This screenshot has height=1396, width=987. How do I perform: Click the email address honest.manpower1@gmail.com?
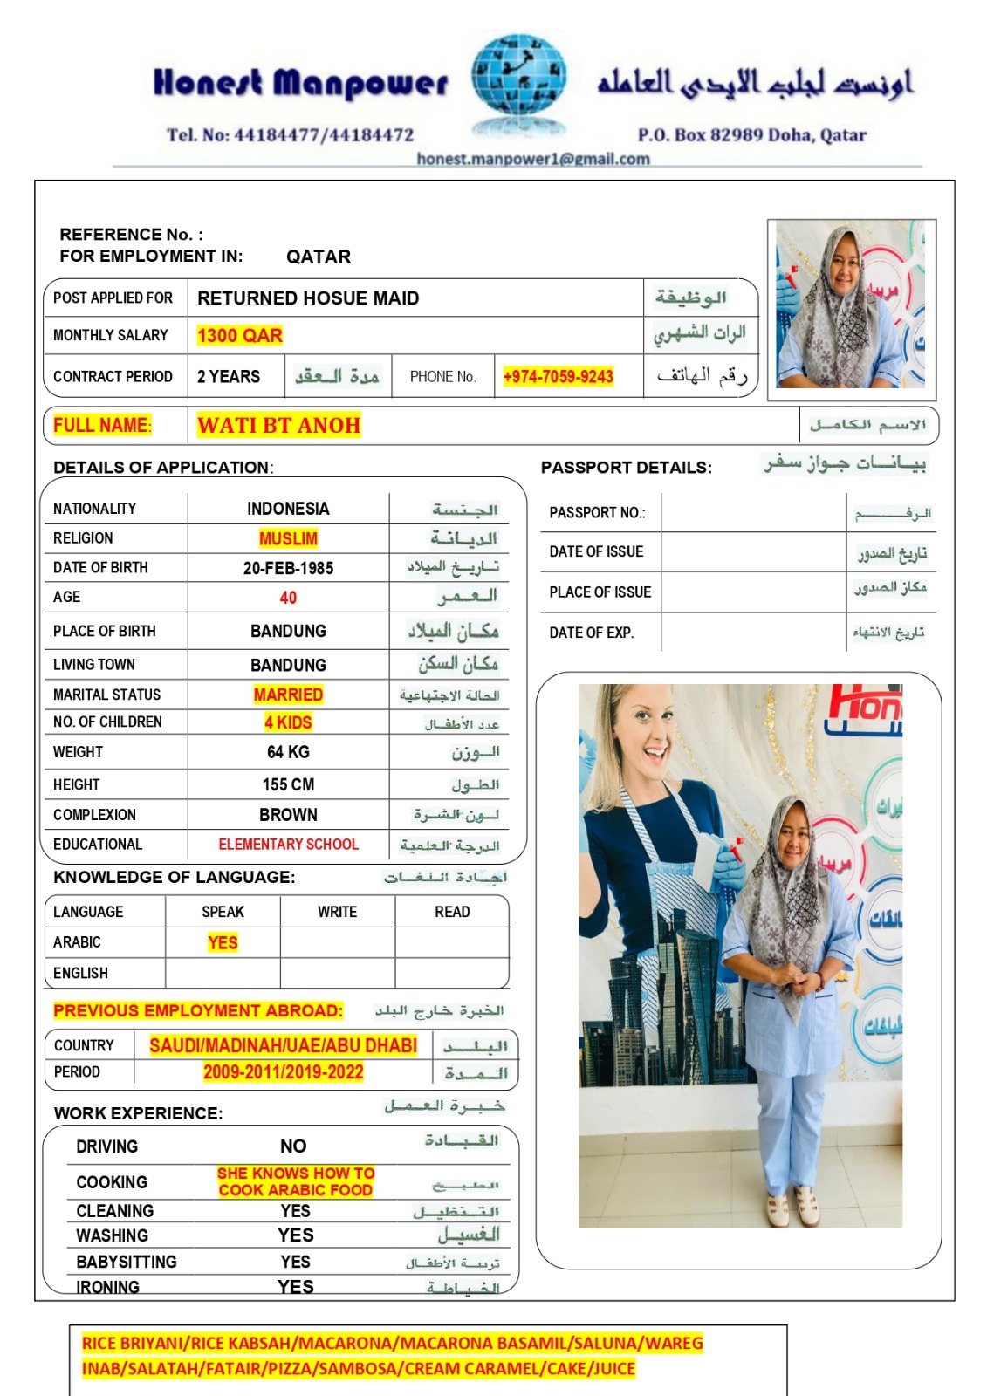[x=532, y=159]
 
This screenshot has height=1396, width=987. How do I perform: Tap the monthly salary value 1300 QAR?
[x=240, y=336]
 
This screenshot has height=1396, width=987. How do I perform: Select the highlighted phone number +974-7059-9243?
[x=558, y=377]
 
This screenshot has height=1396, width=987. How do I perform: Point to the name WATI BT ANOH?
[x=278, y=426]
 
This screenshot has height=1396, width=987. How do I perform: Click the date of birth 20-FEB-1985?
[x=288, y=568]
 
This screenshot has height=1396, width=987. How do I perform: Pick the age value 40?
[x=288, y=598]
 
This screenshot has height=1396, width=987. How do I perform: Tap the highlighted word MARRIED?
[x=288, y=695]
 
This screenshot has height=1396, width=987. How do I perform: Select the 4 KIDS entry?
[x=288, y=722]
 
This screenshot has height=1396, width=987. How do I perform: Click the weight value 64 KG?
[x=288, y=752]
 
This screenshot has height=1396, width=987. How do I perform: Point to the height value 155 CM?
[x=288, y=784]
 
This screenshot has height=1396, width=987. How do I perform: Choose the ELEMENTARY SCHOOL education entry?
[x=288, y=845]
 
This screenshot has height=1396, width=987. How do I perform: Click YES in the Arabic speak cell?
[x=223, y=942]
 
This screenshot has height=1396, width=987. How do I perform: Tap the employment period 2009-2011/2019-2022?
[x=283, y=1072]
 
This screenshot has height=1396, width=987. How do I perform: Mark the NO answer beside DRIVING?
[x=293, y=1146]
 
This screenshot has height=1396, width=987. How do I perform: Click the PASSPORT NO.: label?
[x=597, y=513]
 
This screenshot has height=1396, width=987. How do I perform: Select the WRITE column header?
[x=337, y=912]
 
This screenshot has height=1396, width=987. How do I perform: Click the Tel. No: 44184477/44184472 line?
[x=290, y=135]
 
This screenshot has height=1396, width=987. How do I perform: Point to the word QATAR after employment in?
[x=319, y=257]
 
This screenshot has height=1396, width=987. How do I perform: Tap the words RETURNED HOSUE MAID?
[x=308, y=298]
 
